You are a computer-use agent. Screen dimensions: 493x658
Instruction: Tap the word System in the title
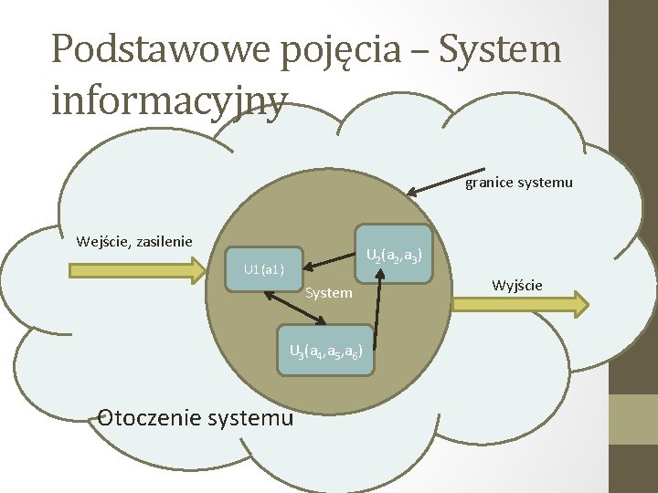point(500,49)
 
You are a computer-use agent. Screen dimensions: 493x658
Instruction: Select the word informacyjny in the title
point(170,101)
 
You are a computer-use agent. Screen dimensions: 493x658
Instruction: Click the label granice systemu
point(519,183)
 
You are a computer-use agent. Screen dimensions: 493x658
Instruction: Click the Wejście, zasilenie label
point(134,242)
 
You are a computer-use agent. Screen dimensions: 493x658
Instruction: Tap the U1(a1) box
point(263,269)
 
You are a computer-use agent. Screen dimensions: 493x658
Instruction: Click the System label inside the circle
point(329,293)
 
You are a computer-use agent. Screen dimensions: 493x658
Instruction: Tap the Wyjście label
point(516,286)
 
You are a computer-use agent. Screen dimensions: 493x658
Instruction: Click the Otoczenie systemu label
point(196,418)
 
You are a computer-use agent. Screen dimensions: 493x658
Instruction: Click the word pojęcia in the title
point(348,49)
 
